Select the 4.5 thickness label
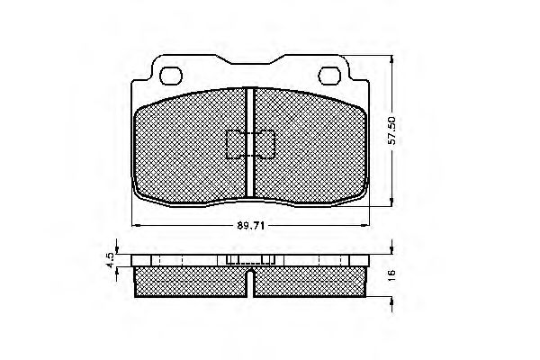tap(109, 259)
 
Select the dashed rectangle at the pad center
tap(250, 144)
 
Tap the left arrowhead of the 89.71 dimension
tap(136, 224)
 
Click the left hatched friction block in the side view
tap(191, 281)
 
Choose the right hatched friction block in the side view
tap(310, 281)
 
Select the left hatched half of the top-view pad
tap(189, 148)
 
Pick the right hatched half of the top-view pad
tap(310, 148)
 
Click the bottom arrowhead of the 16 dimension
tap(391, 301)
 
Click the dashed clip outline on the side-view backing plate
tap(250, 261)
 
